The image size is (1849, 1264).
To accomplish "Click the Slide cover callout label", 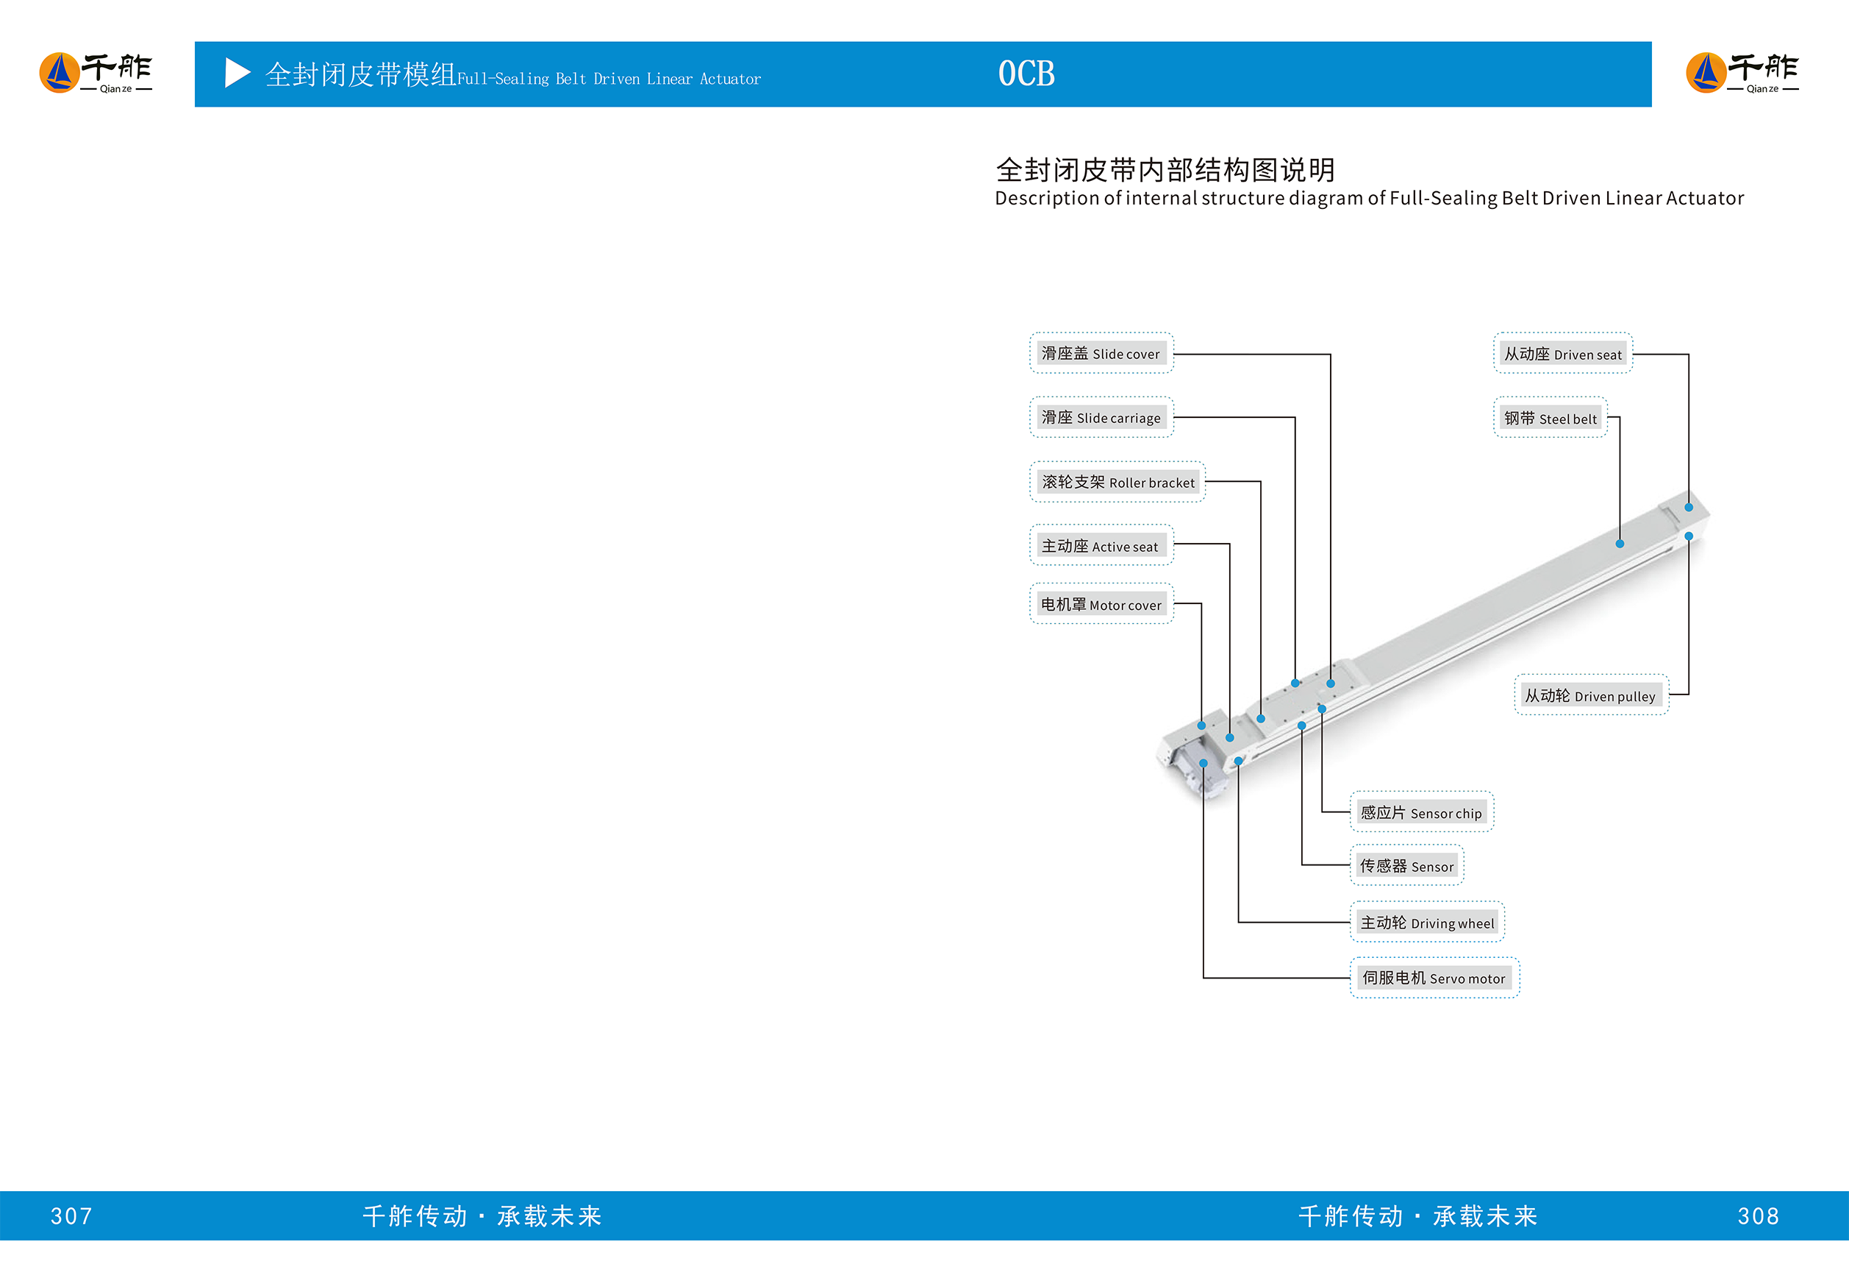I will [x=1101, y=353].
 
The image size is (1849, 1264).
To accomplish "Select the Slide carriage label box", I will [x=1101, y=418].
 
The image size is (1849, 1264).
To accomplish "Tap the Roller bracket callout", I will [x=1117, y=483].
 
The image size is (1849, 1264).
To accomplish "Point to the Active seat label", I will [x=1101, y=546].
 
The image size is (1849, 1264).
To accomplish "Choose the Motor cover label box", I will [x=1101, y=605].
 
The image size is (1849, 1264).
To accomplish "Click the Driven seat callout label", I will [x=1562, y=354].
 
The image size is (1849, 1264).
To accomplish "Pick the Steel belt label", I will [x=1550, y=419].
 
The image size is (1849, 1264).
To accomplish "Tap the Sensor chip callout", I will [x=1421, y=813].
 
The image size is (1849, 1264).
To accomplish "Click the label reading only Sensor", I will [x=1406, y=866].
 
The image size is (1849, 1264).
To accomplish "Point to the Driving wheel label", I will [x=1427, y=923].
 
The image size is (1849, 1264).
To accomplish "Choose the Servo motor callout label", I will [x=1434, y=979].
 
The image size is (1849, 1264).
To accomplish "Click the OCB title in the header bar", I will [x=1026, y=74].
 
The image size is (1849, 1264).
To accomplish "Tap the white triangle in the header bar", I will [x=237, y=74].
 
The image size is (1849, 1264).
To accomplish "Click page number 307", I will [x=71, y=1216].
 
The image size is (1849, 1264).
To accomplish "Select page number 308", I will [x=1759, y=1216].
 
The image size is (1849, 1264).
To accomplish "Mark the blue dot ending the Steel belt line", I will [x=1620, y=544].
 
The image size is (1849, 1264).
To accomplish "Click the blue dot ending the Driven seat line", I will [x=1688, y=507].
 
